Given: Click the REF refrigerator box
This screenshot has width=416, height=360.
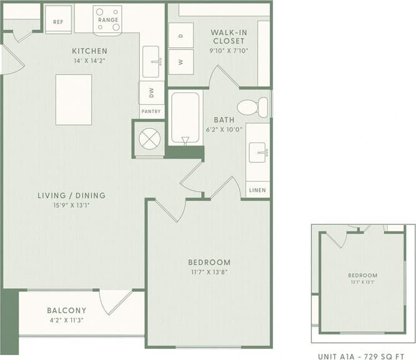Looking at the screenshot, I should (58, 20).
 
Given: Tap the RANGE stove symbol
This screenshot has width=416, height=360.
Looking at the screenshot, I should (107, 19).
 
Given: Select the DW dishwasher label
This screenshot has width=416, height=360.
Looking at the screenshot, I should (151, 92).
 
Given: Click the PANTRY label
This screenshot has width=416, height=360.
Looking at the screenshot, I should (151, 112).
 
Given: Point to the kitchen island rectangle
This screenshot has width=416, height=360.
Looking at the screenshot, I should (74, 99).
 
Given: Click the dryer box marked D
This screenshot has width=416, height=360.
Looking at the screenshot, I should (181, 36).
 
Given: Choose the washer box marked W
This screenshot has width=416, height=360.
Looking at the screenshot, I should (181, 62).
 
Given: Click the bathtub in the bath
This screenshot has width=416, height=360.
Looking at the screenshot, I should (186, 119).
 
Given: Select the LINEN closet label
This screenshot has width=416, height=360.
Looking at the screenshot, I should (257, 190).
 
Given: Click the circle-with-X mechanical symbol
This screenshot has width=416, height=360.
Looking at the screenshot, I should (150, 139).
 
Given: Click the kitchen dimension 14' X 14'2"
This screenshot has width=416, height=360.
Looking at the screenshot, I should (89, 61).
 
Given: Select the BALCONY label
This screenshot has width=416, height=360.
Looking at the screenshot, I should (66, 311).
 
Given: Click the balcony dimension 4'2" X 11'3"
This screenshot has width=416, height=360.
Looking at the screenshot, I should (66, 320).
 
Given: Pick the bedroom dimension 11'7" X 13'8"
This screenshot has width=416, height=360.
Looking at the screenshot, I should (209, 272).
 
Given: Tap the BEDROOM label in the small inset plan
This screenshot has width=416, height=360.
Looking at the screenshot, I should (363, 276).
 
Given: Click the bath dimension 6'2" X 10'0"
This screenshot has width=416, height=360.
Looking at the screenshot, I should (224, 129).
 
